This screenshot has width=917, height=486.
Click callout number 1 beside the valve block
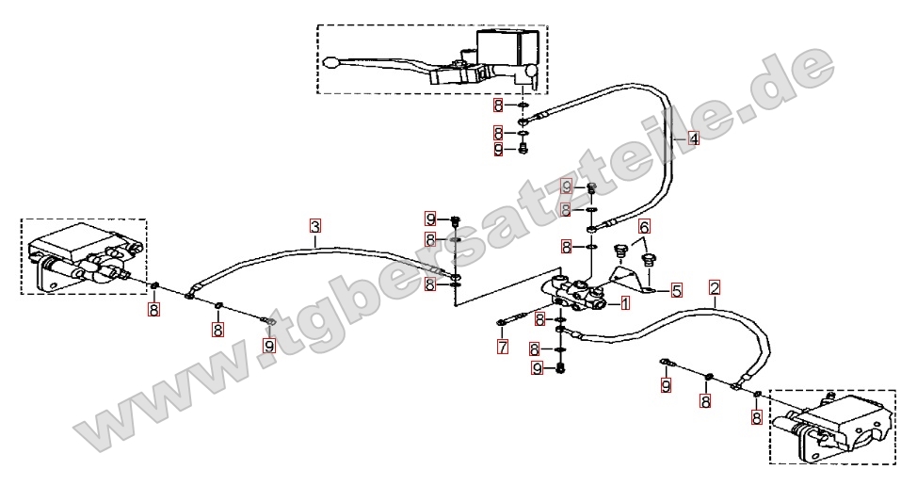point(623,303)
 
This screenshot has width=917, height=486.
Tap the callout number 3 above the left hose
point(315,226)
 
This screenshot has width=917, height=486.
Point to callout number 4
point(693,139)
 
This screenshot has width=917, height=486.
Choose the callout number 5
point(676,291)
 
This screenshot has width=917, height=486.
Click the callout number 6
point(644,226)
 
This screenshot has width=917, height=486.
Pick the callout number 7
point(503,348)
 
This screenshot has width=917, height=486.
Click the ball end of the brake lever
point(330,63)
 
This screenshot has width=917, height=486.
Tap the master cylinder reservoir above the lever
point(508,45)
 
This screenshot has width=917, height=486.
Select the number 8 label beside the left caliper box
point(153,309)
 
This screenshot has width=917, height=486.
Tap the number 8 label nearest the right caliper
point(755,415)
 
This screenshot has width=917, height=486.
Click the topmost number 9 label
point(499,149)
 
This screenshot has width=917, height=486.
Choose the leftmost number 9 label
point(269,346)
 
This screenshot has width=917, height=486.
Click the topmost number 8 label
point(499,106)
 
